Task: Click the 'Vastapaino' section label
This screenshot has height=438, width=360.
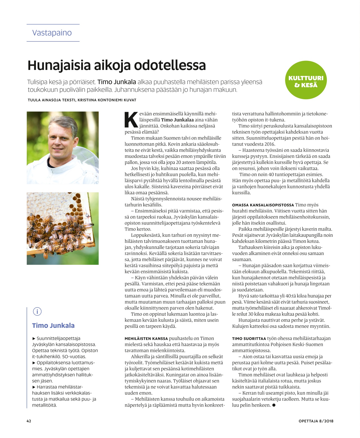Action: coord(52,33)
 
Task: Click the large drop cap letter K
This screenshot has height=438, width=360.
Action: coord(131,120)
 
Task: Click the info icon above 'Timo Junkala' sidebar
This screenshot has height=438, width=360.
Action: coord(37,311)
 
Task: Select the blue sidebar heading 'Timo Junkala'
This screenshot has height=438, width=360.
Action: coord(53,326)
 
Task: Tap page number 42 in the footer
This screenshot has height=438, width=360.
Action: coord(29,421)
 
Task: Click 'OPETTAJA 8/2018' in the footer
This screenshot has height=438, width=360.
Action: coord(316,421)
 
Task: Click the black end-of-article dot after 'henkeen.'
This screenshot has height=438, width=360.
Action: coord(274,405)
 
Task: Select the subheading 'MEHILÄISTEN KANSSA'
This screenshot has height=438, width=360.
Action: coord(146,339)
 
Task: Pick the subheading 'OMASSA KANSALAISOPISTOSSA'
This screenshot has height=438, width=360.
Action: coord(263,205)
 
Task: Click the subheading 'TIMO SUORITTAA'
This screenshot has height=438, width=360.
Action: coord(249,339)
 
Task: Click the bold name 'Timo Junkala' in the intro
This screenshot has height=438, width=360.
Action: coord(117,82)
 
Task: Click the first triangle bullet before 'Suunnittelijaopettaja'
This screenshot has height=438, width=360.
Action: coord(34,339)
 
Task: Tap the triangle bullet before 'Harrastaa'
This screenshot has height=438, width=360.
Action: coord(34,387)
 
